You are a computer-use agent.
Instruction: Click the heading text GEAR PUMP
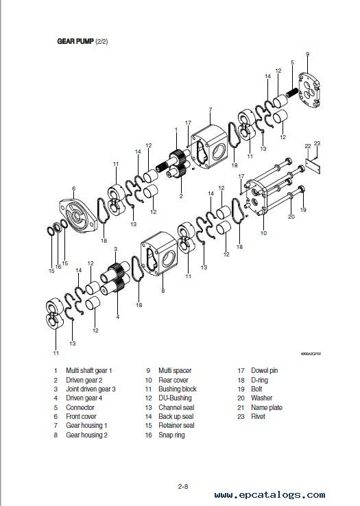click(x=75, y=41)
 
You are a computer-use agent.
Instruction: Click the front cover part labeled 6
click(x=78, y=215)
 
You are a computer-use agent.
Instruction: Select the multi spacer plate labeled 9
click(x=309, y=90)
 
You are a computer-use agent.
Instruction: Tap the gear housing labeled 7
click(x=209, y=147)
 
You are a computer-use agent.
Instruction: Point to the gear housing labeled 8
click(x=159, y=253)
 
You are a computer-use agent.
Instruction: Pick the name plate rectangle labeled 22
click(x=313, y=165)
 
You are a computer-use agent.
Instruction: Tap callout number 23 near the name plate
click(x=317, y=143)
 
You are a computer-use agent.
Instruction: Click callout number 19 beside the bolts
click(x=303, y=210)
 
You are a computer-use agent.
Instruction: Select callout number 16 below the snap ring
click(x=58, y=267)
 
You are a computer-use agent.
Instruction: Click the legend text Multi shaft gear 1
click(x=88, y=370)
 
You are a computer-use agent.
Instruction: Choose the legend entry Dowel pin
click(x=264, y=370)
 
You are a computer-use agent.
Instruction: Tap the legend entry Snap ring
click(x=171, y=435)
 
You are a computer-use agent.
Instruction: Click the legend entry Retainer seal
click(x=176, y=425)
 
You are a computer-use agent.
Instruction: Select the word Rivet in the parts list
click(x=258, y=416)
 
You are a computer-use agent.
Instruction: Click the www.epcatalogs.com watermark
click(x=269, y=495)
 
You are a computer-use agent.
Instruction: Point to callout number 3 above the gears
click(x=116, y=249)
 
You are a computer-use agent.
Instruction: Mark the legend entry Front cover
click(x=81, y=416)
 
